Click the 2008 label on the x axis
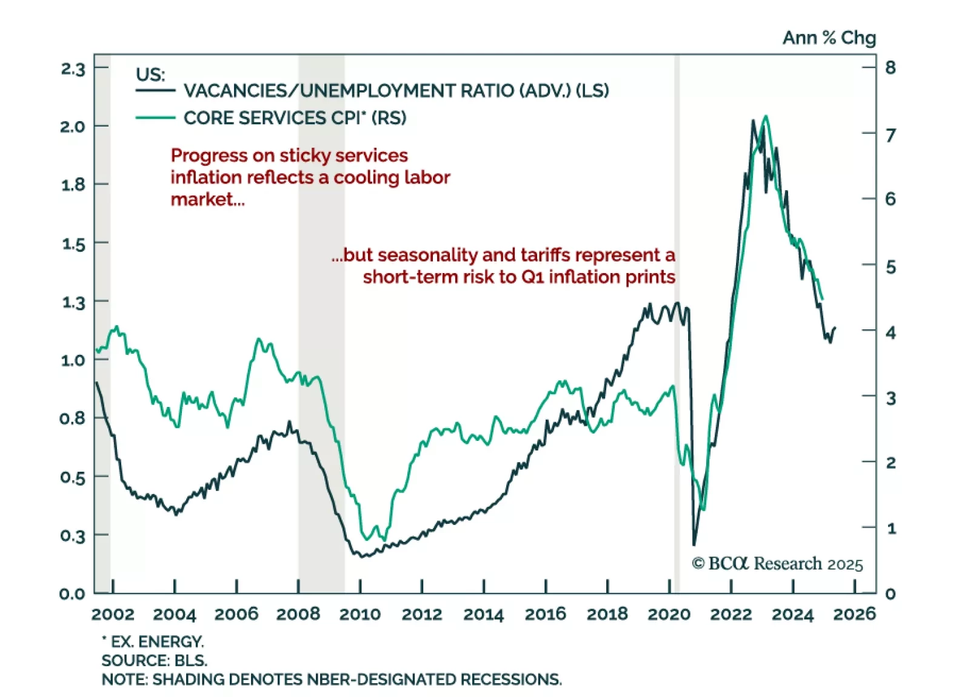point(298,614)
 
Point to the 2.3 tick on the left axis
point(73,69)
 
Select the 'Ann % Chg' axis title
point(829,38)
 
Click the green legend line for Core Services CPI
point(155,117)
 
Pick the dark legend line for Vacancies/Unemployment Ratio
point(155,91)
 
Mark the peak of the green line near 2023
point(766,116)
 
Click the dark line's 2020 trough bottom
point(694,544)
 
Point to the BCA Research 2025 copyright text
point(777,564)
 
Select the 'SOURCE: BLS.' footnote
point(154,660)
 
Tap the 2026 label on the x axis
point(854,614)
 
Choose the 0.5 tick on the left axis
point(73,478)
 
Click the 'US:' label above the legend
point(150,74)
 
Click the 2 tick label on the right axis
point(890,463)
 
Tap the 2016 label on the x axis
point(545,614)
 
